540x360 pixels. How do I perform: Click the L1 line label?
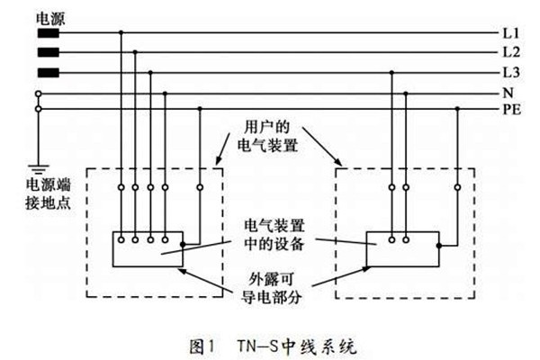pyautogui.click(x=508, y=33)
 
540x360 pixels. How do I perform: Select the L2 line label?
pyautogui.click(x=508, y=53)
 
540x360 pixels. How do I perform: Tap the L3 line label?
pyautogui.click(x=508, y=73)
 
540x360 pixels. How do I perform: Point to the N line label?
pyautogui.click(x=507, y=93)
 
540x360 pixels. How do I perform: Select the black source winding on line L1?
pyautogui.click(x=48, y=34)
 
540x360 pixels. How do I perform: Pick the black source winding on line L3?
pyautogui.click(x=48, y=73)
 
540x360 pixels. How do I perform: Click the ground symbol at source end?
pyautogui.click(x=38, y=168)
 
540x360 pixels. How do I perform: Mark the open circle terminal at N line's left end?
pyautogui.click(x=38, y=93)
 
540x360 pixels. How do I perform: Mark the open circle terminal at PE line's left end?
pyautogui.click(x=38, y=109)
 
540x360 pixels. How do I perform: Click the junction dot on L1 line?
pyautogui.click(x=121, y=34)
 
